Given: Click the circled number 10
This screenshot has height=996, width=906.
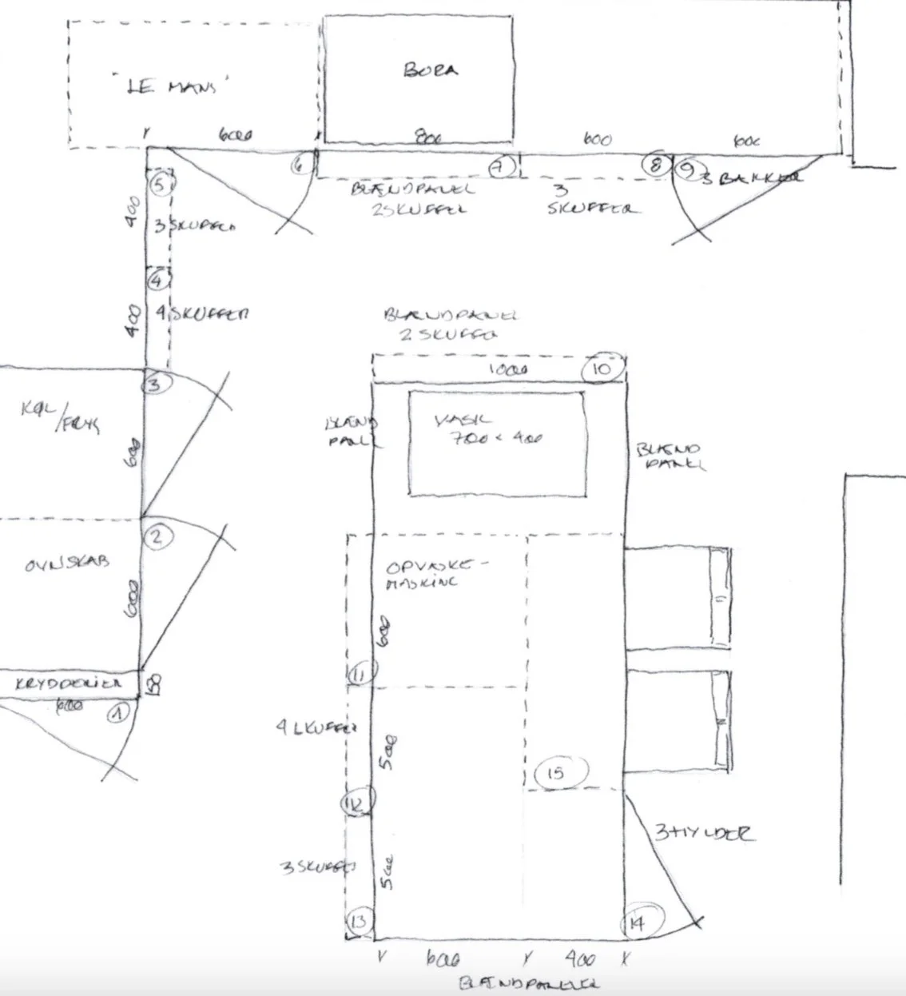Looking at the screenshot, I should [602, 369].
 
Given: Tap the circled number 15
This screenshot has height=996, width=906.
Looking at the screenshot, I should [556, 772].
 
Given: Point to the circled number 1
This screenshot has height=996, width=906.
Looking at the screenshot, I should [118, 711].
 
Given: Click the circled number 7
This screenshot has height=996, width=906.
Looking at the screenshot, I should [502, 167].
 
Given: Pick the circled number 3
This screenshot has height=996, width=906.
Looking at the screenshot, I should [155, 384].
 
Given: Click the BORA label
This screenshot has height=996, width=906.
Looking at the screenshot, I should [431, 70].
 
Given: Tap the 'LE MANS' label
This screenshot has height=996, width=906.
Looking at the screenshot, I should [171, 86].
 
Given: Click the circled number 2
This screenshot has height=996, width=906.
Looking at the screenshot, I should [157, 536].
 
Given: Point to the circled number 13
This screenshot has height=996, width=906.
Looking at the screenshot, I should [359, 922].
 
